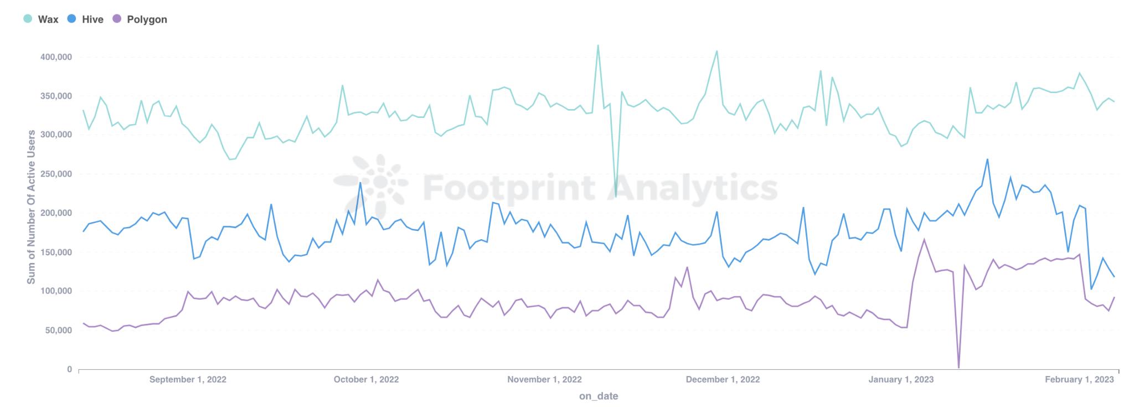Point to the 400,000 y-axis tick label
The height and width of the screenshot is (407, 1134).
(54, 57)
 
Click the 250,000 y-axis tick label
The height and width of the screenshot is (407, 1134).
(54, 174)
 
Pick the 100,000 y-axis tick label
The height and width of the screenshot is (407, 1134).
(54, 291)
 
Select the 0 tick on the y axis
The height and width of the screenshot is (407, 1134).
(69, 369)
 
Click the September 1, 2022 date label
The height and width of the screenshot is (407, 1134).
(188, 379)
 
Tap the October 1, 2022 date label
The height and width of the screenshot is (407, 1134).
(366, 379)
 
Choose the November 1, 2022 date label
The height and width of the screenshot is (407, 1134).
(544, 379)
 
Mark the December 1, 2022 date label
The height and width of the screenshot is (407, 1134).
(723, 379)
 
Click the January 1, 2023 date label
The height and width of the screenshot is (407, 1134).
(901, 379)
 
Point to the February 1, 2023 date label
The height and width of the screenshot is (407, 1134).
(1079, 379)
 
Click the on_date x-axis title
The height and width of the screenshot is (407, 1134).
(599, 396)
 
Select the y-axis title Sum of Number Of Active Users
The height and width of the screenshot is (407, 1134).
(32, 207)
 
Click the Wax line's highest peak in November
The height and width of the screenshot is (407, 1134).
(598, 45)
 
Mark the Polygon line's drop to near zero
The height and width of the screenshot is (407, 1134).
(958, 367)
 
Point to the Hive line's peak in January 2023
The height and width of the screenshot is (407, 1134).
(987, 159)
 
